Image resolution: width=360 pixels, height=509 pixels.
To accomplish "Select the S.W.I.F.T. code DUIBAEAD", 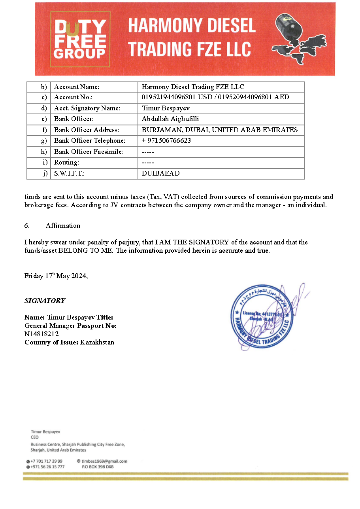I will click(x=160, y=173).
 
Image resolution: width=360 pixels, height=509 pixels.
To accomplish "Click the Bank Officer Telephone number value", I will click(x=166, y=140).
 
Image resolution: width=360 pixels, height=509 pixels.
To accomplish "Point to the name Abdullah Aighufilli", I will click(x=170, y=119).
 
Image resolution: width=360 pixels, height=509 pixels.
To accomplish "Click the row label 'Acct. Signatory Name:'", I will click(x=87, y=108).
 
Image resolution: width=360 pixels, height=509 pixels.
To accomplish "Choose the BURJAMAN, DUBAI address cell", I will click(x=220, y=130).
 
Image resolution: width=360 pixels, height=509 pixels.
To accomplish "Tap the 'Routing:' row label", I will click(x=66, y=162).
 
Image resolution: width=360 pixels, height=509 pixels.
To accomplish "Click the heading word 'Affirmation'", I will click(x=63, y=225).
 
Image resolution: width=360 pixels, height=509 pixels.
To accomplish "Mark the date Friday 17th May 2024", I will click(x=56, y=276).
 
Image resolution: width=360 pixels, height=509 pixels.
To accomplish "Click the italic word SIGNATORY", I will click(x=45, y=301).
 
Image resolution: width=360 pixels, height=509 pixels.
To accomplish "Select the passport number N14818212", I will click(x=41, y=334).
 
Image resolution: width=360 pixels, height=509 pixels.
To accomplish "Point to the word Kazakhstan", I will click(x=97, y=342).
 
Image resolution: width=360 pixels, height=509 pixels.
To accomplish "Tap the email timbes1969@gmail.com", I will click(x=104, y=461).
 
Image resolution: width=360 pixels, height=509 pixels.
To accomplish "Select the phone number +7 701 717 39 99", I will click(x=46, y=461).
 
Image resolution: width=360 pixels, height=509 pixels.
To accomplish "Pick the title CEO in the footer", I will click(x=35, y=437).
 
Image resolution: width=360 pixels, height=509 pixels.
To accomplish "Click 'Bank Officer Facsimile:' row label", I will click(x=89, y=151).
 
